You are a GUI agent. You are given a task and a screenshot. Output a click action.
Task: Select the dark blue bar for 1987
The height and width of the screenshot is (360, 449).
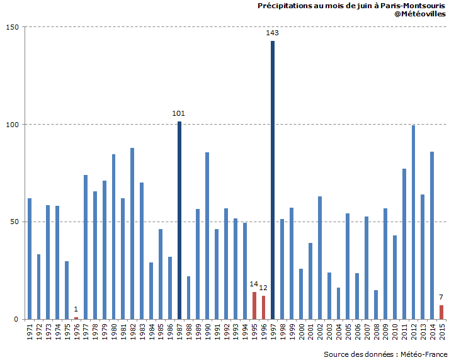click(179, 220)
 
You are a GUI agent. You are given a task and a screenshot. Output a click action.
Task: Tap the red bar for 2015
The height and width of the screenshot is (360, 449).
click(441, 312)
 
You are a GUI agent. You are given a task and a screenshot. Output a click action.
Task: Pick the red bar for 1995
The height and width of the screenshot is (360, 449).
click(254, 305)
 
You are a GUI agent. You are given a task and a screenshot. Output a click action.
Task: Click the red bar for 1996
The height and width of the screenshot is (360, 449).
click(263, 307)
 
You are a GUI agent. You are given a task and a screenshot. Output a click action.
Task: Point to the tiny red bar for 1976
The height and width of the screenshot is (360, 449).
click(76, 318)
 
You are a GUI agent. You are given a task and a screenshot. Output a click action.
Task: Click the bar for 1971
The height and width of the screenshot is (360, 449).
click(30, 259)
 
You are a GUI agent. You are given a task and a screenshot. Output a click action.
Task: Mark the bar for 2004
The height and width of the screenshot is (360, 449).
click(338, 303)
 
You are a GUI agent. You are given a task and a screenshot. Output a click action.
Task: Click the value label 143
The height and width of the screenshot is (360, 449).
click(273, 33)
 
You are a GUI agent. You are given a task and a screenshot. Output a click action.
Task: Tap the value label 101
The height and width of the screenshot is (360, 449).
click(179, 113)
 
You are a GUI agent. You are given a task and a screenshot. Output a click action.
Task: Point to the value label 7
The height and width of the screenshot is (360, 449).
click(441, 297)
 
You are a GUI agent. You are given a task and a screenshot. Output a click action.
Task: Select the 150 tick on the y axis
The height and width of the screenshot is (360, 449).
click(13, 27)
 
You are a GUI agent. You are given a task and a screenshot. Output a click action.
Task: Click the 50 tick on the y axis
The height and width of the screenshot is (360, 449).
click(15, 222)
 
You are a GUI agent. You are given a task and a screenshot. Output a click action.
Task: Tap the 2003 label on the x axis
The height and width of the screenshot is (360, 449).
click(329, 332)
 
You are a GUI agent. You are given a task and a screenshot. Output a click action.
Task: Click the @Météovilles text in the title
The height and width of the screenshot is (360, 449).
click(420, 14)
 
